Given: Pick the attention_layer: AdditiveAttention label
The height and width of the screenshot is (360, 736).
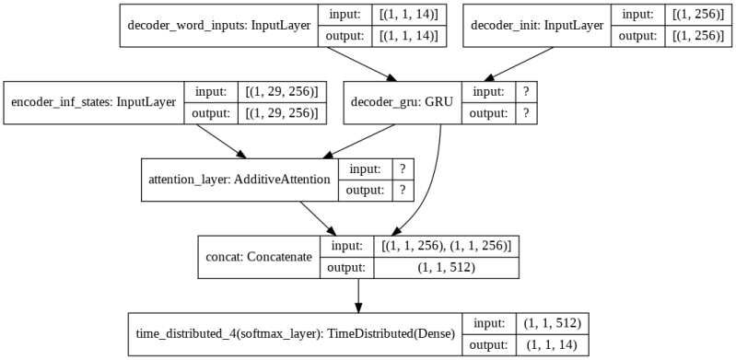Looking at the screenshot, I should click(239, 180).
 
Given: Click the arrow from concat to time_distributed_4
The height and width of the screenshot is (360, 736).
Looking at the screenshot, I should click(358, 295).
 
